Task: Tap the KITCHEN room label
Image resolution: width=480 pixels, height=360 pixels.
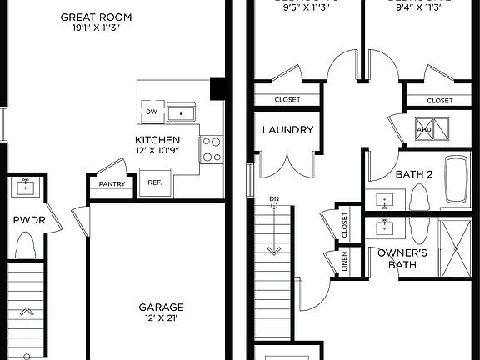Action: [x=157, y=139]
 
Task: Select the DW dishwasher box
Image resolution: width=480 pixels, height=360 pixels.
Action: [x=151, y=112]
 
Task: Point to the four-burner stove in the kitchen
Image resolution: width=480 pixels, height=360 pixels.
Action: [x=212, y=149]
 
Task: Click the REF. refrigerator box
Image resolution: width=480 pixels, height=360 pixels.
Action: [x=155, y=183]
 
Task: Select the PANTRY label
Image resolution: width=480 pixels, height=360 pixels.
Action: [x=111, y=184]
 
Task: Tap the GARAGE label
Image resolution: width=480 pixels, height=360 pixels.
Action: [x=161, y=307]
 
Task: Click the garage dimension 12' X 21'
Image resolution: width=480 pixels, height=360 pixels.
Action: [x=161, y=318]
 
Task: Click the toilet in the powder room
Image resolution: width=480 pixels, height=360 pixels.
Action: [x=25, y=245]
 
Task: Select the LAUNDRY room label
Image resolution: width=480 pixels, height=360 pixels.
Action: [x=287, y=130]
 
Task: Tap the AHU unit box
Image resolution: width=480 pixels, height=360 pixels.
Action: [x=424, y=129]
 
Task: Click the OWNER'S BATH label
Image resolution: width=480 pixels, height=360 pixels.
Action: [x=402, y=259]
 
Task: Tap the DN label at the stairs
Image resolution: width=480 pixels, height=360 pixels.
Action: [x=274, y=199]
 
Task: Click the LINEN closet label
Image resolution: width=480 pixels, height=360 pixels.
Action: [x=345, y=262]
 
